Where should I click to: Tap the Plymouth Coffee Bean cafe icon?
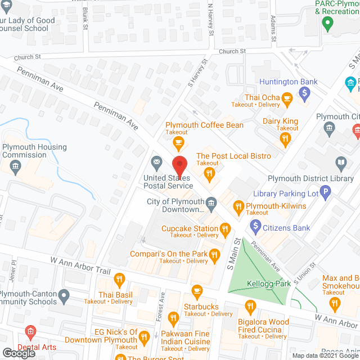tap(179, 141)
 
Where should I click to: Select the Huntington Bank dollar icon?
tap(304, 92)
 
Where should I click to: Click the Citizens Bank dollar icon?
tap(255, 227)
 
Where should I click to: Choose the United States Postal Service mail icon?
tap(156, 164)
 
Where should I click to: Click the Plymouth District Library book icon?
tap(341, 164)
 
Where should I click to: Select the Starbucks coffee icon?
tap(196, 291)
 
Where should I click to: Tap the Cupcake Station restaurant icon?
tap(225, 228)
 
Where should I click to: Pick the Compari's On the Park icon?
tap(214, 256)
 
